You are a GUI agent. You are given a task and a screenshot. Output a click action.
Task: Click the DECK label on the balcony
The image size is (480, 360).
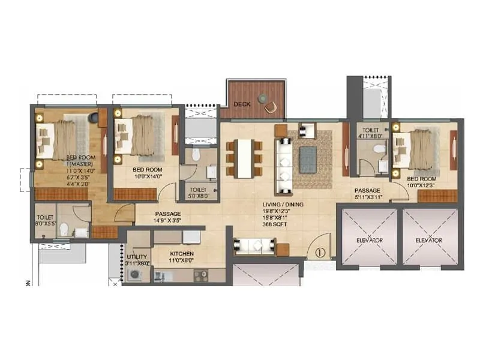(x=242, y=104)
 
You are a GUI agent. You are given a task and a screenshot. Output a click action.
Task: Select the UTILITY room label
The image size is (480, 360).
(x=136, y=259)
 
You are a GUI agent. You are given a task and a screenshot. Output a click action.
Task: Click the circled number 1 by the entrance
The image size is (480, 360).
(x=319, y=253)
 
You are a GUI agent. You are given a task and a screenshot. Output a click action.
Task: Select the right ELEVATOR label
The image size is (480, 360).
(x=429, y=240)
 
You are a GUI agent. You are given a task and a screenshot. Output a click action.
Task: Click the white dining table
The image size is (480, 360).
(x=244, y=158)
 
